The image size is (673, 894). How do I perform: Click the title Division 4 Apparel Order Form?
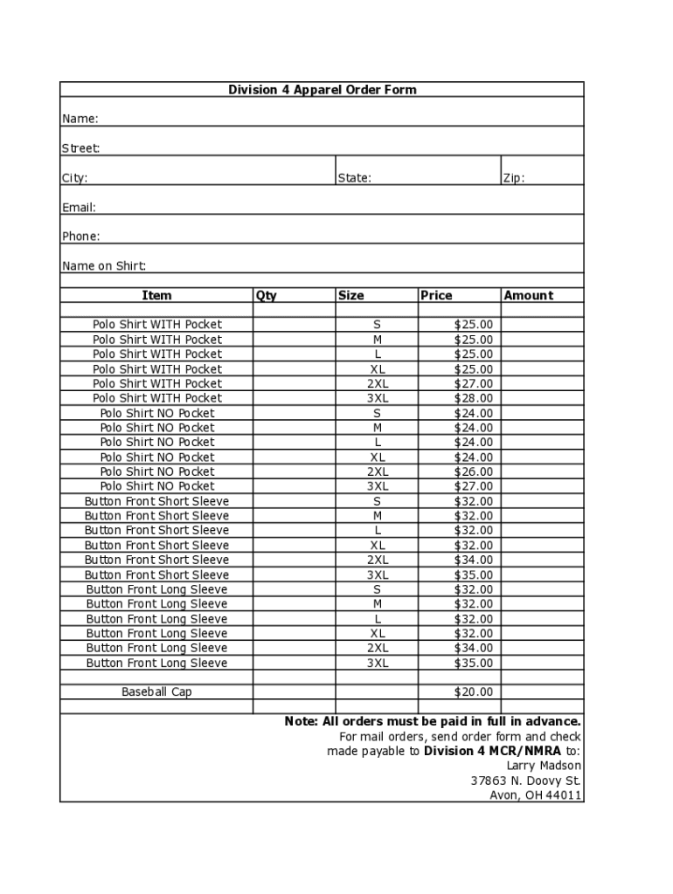pos(322,90)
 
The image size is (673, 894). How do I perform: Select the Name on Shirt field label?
pos(104,266)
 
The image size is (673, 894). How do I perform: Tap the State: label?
pos(354,178)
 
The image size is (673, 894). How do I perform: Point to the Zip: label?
pos(513,178)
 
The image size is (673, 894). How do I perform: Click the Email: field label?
pos(79,208)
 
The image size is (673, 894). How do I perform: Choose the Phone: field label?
pos(80,237)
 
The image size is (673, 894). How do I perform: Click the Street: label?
pos(80,148)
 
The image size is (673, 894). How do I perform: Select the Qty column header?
pos(267,296)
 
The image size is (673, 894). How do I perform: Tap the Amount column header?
pos(528,296)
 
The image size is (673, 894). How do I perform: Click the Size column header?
pos(350,296)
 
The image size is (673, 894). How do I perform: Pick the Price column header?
pos(436,296)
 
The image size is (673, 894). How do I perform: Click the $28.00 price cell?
pos(473,398)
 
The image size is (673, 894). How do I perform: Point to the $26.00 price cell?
pos(473,471)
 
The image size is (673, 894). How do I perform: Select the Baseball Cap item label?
pos(156,692)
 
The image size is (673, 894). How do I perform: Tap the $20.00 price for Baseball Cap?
pos(473,692)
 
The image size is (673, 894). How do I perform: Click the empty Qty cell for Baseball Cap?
pos(294,692)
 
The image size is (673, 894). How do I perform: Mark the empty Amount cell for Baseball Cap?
pos(542,692)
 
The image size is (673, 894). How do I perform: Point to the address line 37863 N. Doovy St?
pos(525,781)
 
